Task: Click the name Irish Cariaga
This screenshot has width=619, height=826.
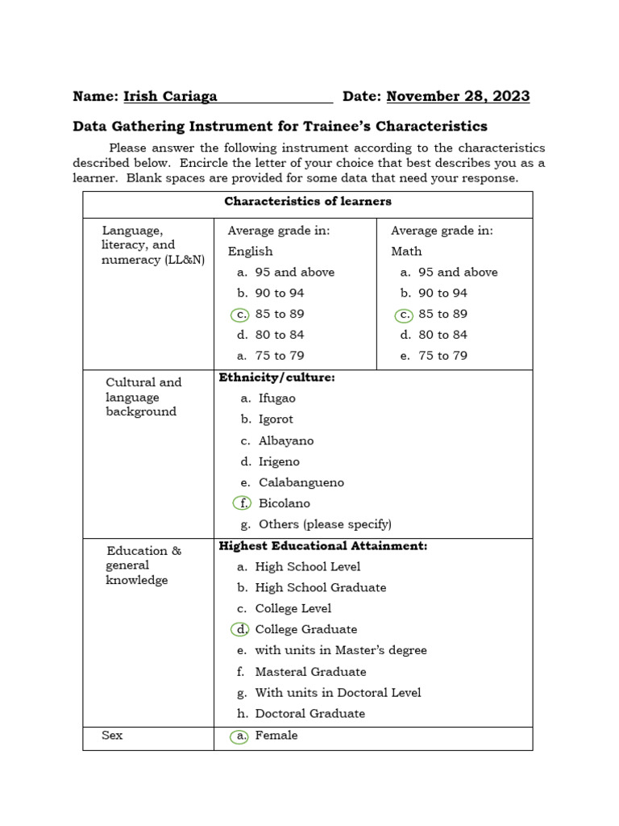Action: (x=170, y=97)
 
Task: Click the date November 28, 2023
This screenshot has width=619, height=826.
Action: (x=458, y=97)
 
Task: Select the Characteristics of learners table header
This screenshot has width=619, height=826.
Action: (x=308, y=202)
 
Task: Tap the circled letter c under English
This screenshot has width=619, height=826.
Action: (x=239, y=315)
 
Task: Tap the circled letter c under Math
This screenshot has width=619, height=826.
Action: (x=403, y=315)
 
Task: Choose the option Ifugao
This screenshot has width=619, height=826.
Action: (x=276, y=398)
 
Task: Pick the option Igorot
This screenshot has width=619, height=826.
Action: (x=276, y=419)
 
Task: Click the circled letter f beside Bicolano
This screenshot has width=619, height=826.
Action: (x=243, y=503)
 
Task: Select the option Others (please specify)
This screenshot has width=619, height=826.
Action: (x=325, y=524)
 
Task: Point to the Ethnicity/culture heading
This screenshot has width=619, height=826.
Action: (x=276, y=377)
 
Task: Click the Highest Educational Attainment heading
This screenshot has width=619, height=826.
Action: (x=322, y=546)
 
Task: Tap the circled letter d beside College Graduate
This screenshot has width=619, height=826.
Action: (x=240, y=629)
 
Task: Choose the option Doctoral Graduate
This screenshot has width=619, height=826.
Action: (x=309, y=713)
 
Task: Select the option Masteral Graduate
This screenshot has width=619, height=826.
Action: (x=310, y=671)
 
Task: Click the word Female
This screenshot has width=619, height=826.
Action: (x=276, y=736)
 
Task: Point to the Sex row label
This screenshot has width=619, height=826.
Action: (x=112, y=736)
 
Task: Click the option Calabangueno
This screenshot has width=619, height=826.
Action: (x=301, y=482)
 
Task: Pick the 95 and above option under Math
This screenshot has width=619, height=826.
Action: (x=458, y=273)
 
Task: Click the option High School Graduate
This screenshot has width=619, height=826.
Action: (x=320, y=587)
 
